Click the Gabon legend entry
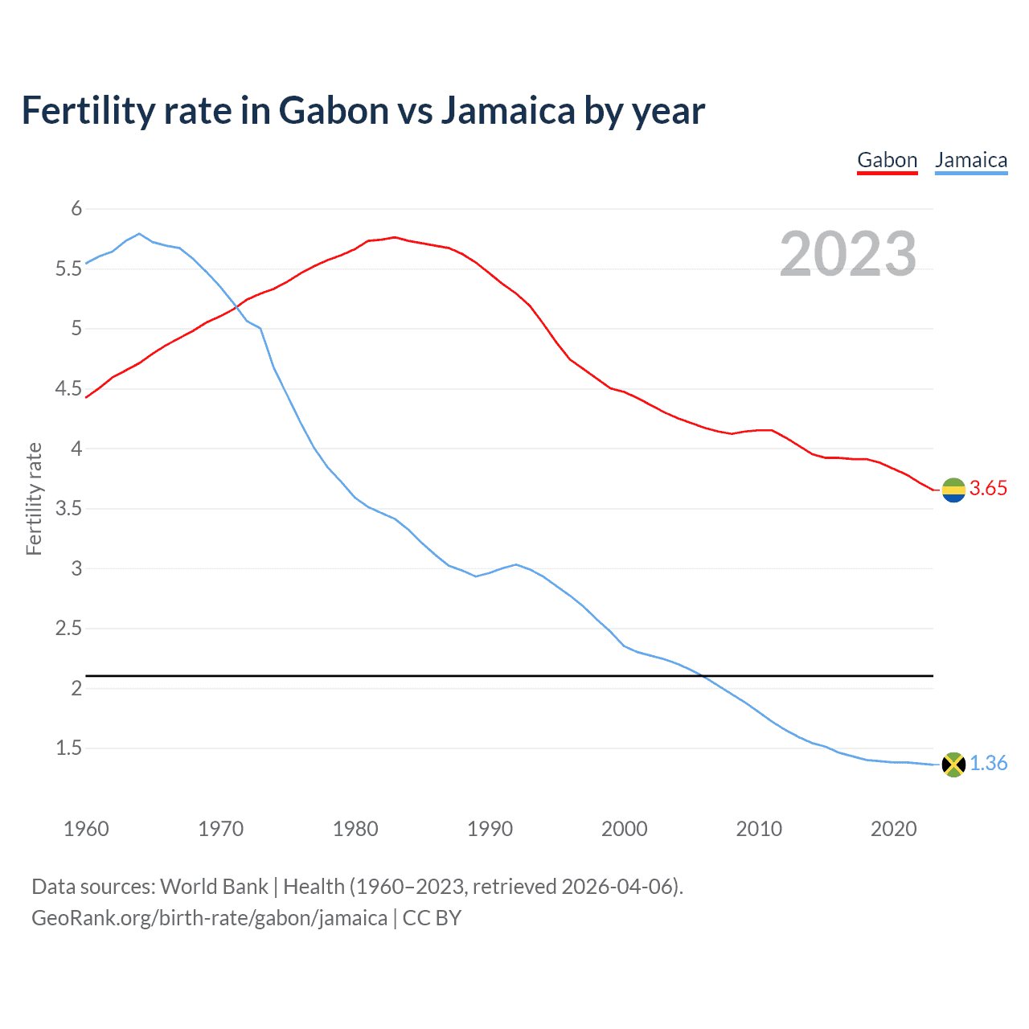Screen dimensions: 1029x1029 point(887,160)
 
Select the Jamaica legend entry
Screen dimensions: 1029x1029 point(970,160)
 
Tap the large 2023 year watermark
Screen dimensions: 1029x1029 point(847,254)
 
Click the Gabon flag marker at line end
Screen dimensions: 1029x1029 point(953,490)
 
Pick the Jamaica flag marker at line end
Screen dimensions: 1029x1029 point(953,765)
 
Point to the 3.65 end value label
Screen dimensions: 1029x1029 point(988,489)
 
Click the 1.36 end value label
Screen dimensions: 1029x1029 point(988,764)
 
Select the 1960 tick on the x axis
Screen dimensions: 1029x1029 point(86,829)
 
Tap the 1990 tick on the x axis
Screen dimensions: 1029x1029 point(490,829)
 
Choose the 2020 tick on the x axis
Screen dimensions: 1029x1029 point(893,829)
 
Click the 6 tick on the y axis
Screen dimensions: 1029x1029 point(77,209)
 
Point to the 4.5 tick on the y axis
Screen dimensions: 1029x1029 point(69,389)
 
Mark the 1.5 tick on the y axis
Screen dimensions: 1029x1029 point(69,748)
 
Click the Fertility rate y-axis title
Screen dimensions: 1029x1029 point(34,498)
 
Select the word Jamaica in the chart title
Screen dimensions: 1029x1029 point(508,111)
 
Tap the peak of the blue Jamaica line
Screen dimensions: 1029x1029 point(139,234)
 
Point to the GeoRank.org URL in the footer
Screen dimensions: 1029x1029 point(209,918)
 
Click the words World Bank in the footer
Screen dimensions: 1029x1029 point(214,887)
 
